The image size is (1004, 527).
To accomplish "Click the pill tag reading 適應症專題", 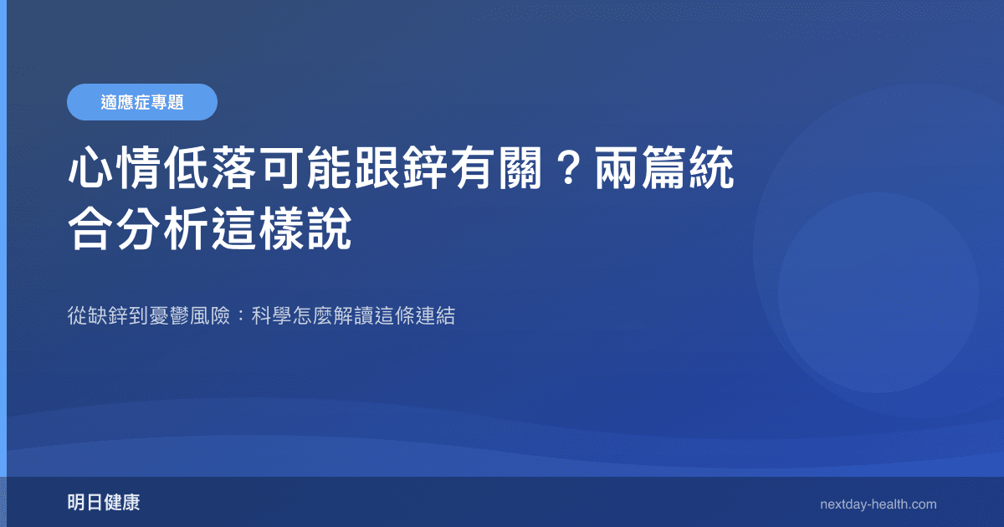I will pyautogui.click(x=142, y=102).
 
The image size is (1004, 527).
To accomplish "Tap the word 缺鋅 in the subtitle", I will pyautogui.click(x=110, y=317).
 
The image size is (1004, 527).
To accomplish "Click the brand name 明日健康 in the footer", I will pyautogui.click(x=104, y=503).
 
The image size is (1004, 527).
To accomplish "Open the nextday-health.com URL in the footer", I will pyautogui.click(x=878, y=504).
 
